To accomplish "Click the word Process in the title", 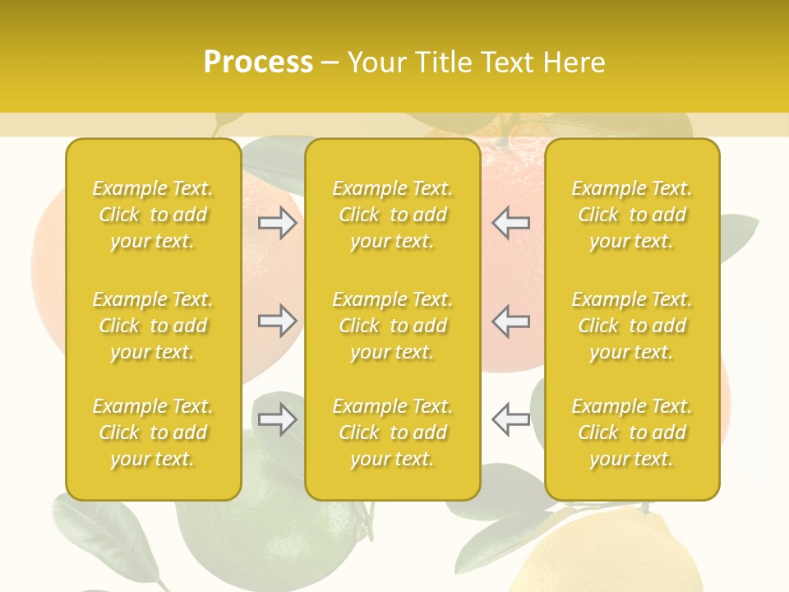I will pos(258,62).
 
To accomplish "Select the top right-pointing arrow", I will pos(277,223).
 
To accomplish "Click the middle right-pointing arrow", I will pos(277,320).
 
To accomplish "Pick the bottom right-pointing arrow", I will pos(277,419).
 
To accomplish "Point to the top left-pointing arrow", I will pos(510,223).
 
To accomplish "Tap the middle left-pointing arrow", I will pos(510,320).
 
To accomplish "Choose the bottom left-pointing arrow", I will pos(510,419).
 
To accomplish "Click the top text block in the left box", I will pos(153,215).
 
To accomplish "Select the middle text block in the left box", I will pos(153,326).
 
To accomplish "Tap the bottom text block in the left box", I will pos(153,432).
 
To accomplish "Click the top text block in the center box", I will pos(392,215).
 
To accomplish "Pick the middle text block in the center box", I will pos(392,326).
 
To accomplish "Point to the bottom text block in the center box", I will pos(392,432).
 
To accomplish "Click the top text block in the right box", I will pos(631,215).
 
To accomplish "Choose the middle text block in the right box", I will pos(631,326).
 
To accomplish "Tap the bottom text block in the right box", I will pos(631,432).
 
